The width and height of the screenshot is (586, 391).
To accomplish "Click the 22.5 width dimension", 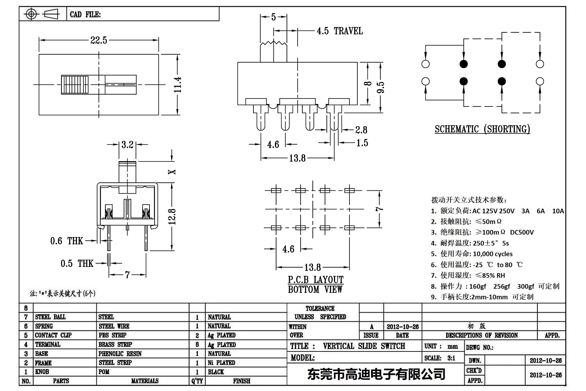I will (99, 40).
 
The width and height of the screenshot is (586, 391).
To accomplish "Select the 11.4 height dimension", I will (177, 85).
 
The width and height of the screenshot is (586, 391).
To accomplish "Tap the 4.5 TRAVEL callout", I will (339, 31).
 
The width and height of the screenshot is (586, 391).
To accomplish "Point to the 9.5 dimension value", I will (381, 87).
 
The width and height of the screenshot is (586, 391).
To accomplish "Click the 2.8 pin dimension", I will (361, 130).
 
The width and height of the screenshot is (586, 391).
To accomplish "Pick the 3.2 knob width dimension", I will (127, 145).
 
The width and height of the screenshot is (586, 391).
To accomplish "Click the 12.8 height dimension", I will (172, 217).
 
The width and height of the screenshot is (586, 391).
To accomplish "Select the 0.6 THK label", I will (67, 241).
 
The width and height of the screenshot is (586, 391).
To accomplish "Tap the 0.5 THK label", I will (77, 264).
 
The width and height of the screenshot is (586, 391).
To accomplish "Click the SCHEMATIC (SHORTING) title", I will (482, 129).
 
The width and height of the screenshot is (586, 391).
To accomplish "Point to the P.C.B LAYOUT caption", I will (315, 280).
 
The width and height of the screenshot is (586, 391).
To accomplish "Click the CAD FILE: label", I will (85, 14).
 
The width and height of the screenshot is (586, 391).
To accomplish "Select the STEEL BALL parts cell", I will (50, 317).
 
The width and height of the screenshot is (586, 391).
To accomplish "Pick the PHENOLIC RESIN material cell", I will (120, 354).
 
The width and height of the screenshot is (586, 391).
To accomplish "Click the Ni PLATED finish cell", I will (221, 363).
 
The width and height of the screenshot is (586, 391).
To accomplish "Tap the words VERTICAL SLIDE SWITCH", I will (364, 346).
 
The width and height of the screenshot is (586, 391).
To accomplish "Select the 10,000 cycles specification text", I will (492, 254).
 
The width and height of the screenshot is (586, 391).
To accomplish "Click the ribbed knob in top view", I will (75, 85).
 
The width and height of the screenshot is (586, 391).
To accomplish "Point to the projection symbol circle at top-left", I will (31, 14).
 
